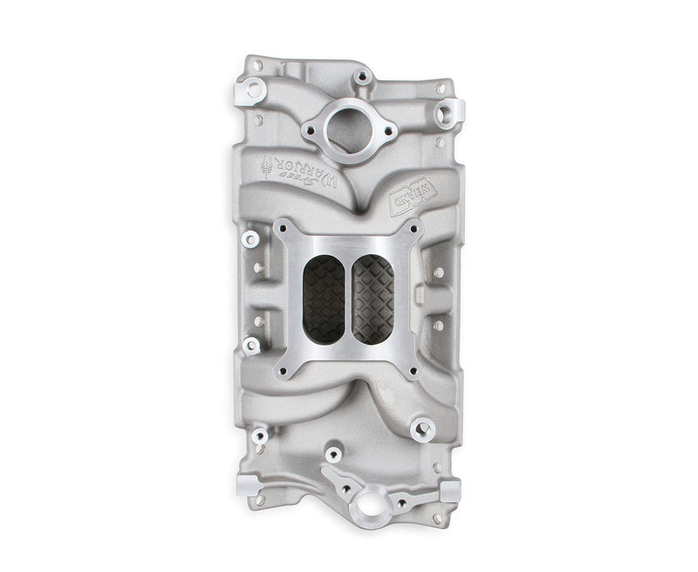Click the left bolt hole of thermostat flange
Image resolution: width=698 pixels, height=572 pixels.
[309, 132]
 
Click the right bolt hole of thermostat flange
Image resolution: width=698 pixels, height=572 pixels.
[389, 132]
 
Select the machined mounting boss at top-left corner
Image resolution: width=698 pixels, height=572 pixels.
[257, 87]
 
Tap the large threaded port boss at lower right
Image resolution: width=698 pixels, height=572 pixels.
[427, 429]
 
